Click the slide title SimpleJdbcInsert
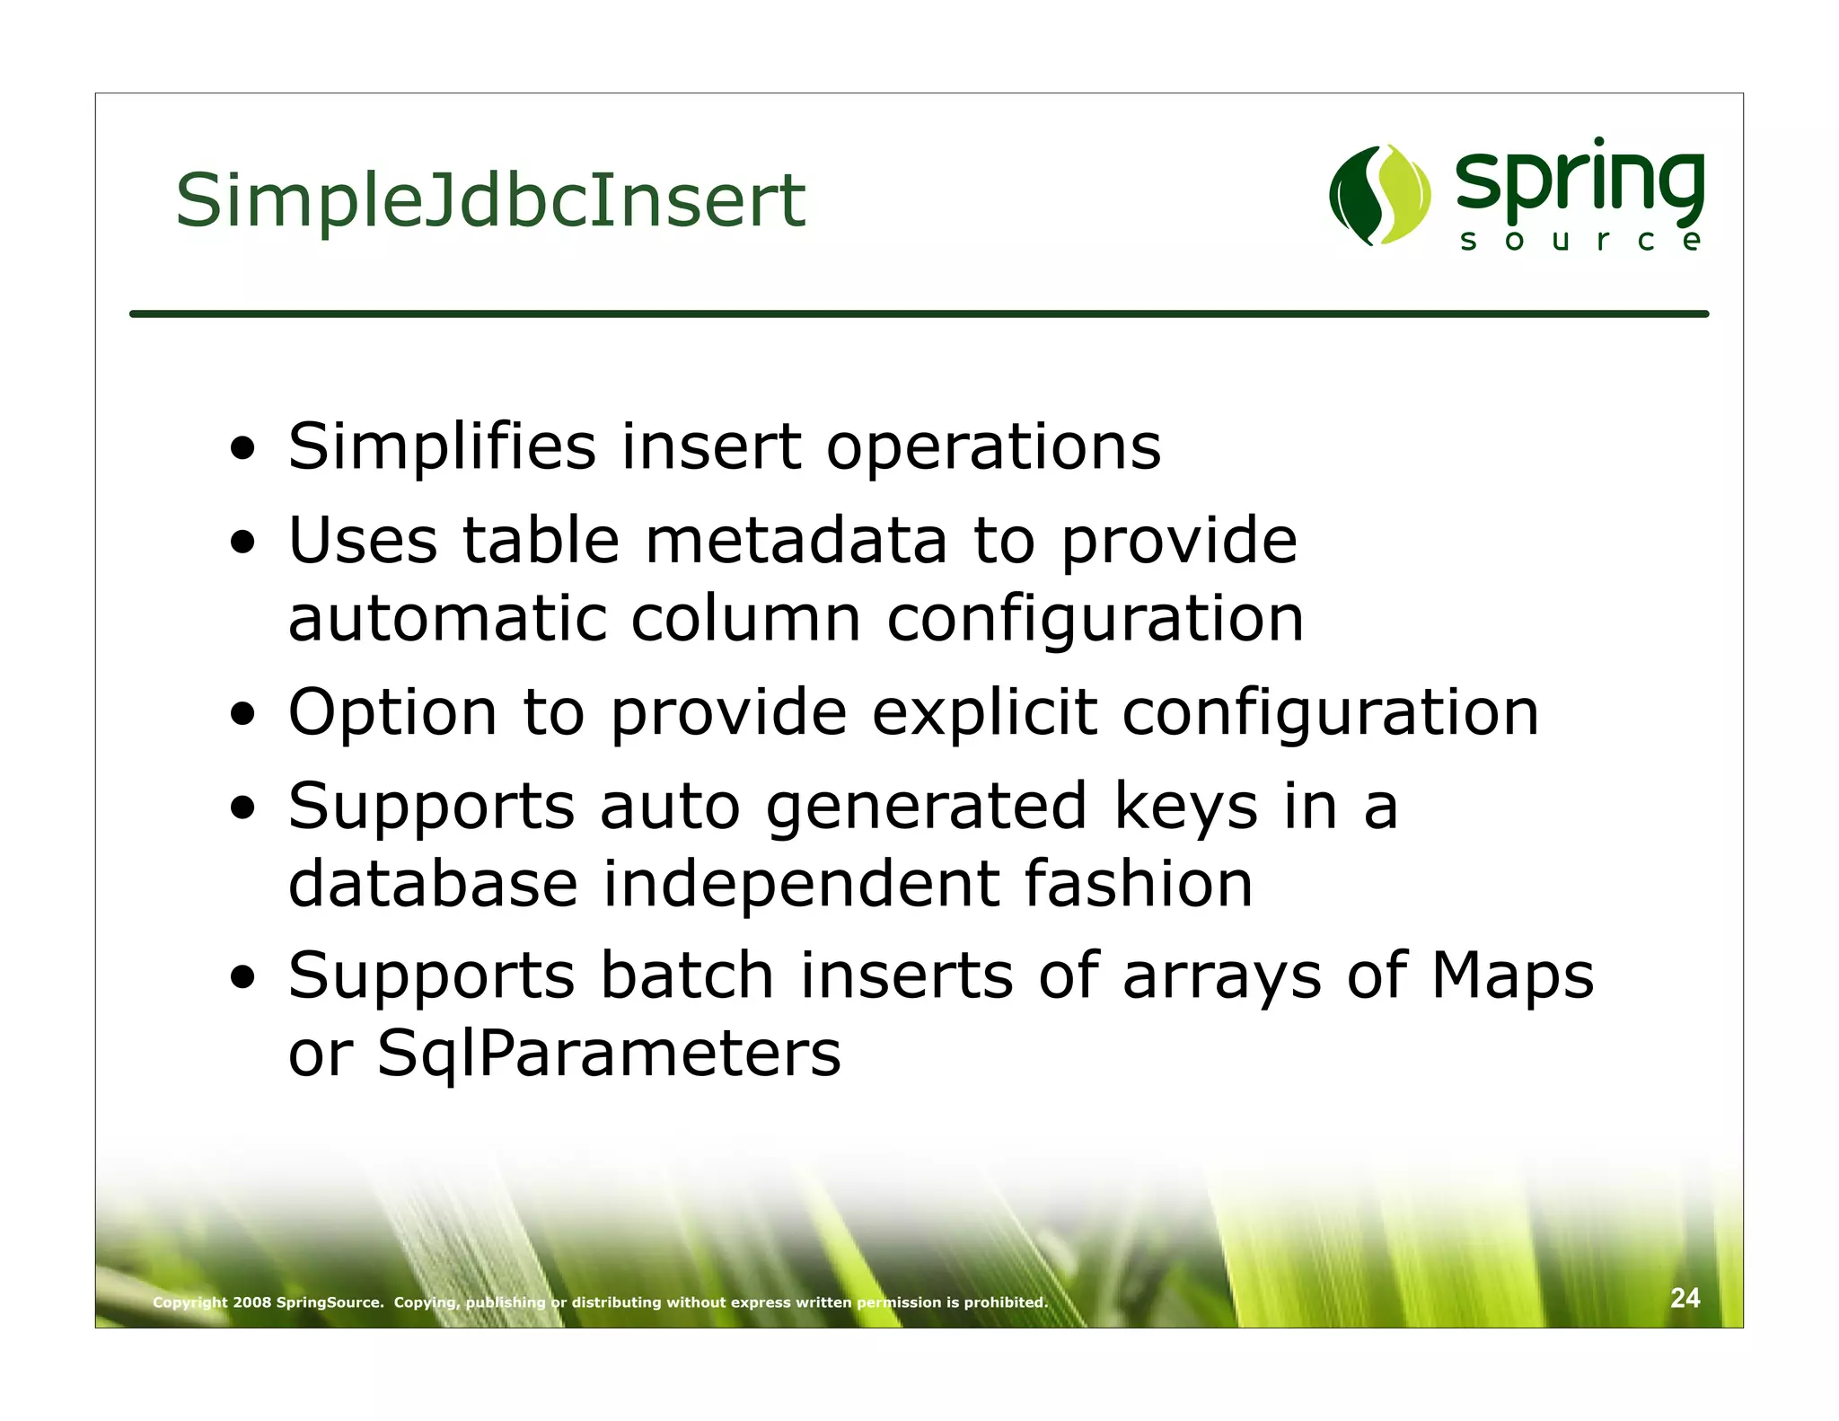click(490, 201)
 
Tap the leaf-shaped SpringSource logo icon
click(1379, 195)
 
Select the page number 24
click(1685, 1297)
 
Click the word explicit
click(984, 712)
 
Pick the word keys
click(1185, 807)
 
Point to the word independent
click(801, 884)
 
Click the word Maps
click(1511, 976)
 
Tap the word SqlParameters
click(609, 1053)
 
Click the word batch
click(687, 976)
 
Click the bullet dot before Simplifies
click(242, 448)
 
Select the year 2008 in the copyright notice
click(252, 1302)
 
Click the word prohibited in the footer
click(1006, 1302)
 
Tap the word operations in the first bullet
click(993, 448)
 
